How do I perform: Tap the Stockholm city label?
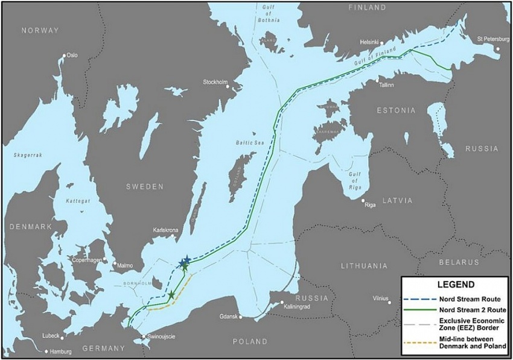[x=215, y=82]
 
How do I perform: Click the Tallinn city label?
[x=386, y=85]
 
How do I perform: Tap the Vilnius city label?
[x=380, y=298]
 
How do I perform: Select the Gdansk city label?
[x=229, y=316]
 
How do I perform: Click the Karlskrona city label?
[x=167, y=230]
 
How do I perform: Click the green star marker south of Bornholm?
[x=171, y=295]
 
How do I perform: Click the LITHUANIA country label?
[x=364, y=265]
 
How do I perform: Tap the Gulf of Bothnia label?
[x=271, y=13]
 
